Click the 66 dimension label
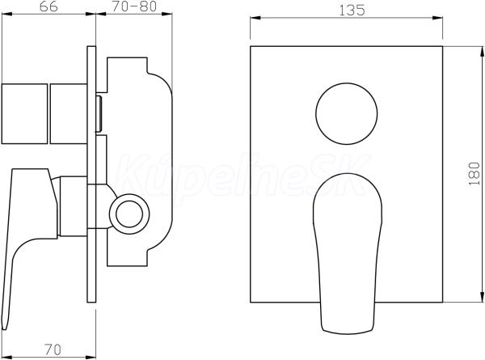48,6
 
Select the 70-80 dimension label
134,6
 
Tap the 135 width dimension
352,11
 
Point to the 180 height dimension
474,174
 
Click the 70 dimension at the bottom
53,349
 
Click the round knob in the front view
347,113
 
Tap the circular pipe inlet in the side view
129,214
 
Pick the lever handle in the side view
29,248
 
